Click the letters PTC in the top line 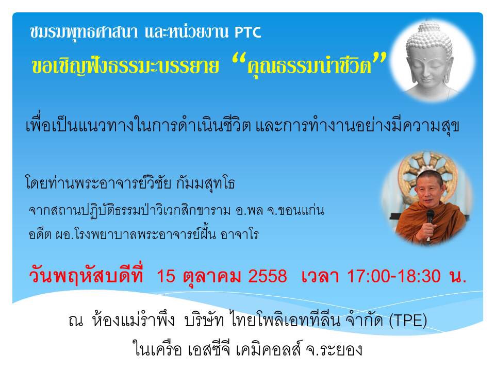point(248,32)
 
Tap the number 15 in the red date point(166,276)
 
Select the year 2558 point(268,276)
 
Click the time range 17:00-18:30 point(393,276)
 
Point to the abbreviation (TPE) point(408,321)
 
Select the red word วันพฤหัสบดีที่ point(86,275)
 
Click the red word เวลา point(320,276)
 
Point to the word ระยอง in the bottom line point(342,349)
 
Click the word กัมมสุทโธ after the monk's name point(206,183)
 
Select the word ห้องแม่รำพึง point(133,320)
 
